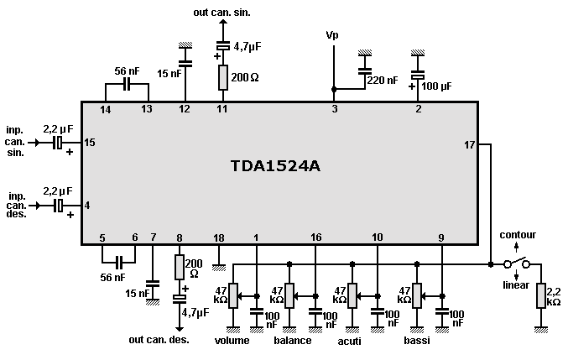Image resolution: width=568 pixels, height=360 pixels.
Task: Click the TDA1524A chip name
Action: (x=275, y=165)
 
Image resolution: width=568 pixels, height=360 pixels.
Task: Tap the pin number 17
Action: (x=470, y=145)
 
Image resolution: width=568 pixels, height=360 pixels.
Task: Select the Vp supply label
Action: (x=333, y=35)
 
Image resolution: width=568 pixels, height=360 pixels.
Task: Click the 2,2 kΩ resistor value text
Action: (x=554, y=295)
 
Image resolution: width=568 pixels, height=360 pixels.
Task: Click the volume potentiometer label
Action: (x=232, y=341)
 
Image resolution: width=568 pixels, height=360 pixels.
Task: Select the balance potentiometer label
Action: (x=293, y=341)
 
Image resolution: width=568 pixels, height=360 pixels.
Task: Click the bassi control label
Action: (x=418, y=341)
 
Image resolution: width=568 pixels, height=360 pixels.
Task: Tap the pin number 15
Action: (x=90, y=143)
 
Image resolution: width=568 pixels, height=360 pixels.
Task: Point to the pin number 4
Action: (x=87, y=205)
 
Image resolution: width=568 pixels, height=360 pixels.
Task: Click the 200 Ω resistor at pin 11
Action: (x=223, y=78)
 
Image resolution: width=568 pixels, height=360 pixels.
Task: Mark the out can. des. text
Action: (x=159, y=340)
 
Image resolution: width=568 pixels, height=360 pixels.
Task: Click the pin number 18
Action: (x=219, y=238)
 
